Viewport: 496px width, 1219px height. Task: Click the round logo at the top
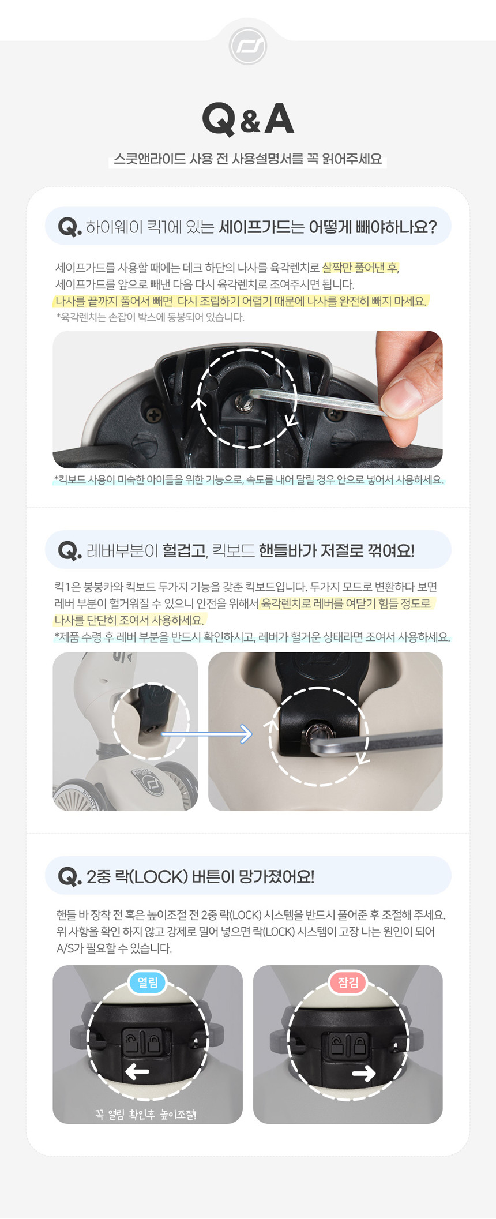tap(248, 46)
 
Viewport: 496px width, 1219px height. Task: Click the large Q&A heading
tap(248, 119)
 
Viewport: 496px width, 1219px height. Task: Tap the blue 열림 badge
tap(148, 982)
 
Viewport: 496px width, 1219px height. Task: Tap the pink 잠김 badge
tap(348, 982)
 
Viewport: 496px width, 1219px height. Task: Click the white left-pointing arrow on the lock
tap(137, 1072)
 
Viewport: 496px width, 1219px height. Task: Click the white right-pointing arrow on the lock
tap(364, 1073)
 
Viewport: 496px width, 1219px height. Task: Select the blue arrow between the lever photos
tap(207, 734)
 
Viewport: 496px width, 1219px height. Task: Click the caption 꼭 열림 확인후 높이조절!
tap(146, 1115)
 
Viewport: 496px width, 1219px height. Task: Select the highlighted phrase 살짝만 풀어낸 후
tap(360, 268)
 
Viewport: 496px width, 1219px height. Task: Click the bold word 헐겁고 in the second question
tap(184, 550)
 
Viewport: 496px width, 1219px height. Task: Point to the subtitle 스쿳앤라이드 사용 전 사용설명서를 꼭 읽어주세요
tap(248, 159)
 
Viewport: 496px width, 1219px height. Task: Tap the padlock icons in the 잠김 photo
tap(348, 1044)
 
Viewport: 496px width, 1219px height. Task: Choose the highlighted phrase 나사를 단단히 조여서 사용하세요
tap(129, 620)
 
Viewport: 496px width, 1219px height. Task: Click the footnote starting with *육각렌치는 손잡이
tap(150, 317)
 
